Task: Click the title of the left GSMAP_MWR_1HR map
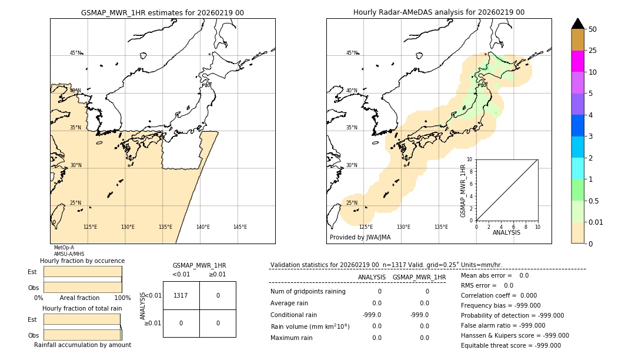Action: [x=162, y=12]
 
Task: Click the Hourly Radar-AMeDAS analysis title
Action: [x=439, y=12]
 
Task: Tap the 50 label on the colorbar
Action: [x=593, y=29]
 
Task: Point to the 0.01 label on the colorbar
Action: [x=596, y=222]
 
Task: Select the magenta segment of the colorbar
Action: [x=577, y=61]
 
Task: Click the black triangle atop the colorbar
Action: [x=577, y=24]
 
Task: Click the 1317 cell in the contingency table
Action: [x=181, y=295]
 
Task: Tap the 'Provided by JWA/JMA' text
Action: [x=360, y=238]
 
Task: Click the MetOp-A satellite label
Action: [x=63, y=248]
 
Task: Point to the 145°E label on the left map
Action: [x=240, y=227]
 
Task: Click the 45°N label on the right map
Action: [x=351, y=53]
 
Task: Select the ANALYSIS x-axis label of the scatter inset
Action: [x=506, y=232]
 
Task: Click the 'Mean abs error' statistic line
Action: [x=494, y=275]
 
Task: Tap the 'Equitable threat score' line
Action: [x=510, y=345]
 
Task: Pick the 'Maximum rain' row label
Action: [x=291, y=338]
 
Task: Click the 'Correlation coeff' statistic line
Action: [x=499, y=295]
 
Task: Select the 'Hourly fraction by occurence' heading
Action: [x=82, y=261]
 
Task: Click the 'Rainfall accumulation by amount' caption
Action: [x=82, y=345]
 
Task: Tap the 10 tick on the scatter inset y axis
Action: [x=470, y=159]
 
